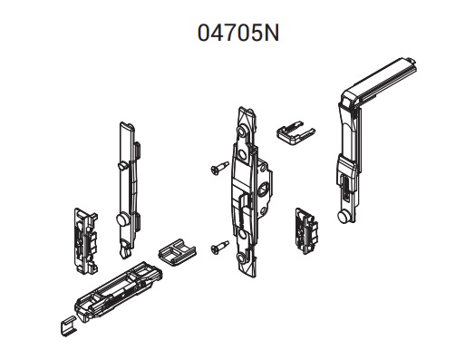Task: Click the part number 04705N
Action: (238, 33)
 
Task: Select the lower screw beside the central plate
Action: (219, 247)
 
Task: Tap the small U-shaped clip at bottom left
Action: (68, 326)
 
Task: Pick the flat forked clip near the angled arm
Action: (295, 131)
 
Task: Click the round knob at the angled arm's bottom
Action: (343, 217)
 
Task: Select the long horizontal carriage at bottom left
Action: (119, 291)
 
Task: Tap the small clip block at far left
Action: (86, 241)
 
